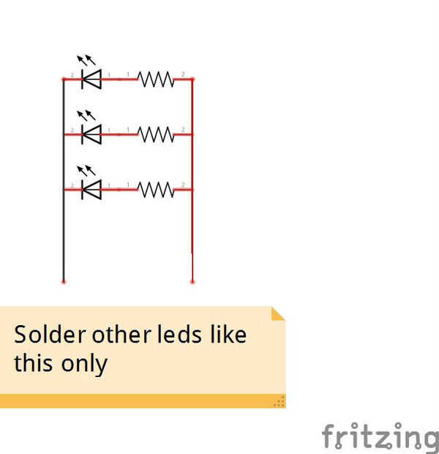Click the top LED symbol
tap(91, 78)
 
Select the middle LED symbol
tap(91, 134)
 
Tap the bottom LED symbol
tap(91, 190)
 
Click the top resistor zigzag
tap(156, 78)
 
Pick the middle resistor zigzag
tap(156, 134)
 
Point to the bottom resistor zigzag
tap(156, 190)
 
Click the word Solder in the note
tap(49, 335)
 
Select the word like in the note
tap(228, 335)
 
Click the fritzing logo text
tap(380, 437)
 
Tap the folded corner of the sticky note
tap(278, 313)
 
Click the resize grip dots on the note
tap(279, 401)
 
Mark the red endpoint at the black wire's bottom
tap(64, 280)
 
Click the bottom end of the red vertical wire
tap(192, 280)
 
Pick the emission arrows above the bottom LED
tap(86, 171)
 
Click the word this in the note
tap(34, 363)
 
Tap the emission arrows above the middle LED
tap(86, 116)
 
